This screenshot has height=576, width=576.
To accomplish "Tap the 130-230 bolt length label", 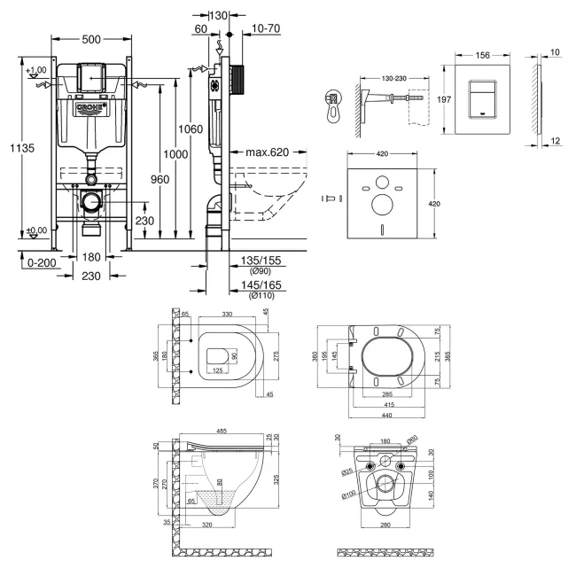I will coord(388,80).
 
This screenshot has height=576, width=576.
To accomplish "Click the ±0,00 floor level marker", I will coord(37,230).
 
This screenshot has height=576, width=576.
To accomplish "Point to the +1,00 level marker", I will coord(36,70).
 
